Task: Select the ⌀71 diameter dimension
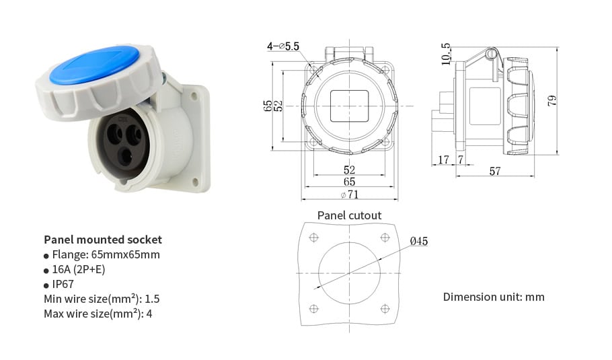pos(350,194)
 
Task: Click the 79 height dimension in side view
pos(552,101)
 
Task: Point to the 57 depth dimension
pos(494,172)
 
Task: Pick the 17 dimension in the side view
pos(443,159)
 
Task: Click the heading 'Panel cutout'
pos(349,215)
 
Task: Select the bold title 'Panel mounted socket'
pos(103,240)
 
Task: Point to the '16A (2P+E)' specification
pos(78,270)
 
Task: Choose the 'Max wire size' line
pos(98,314)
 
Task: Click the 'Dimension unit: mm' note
pos(494,297)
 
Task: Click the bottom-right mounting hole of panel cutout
pos(385,308)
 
